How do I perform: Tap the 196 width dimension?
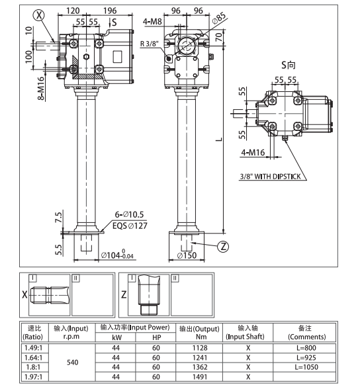point(111,11)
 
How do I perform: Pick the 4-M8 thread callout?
point(152,22)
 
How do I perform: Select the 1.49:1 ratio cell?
point(32,347)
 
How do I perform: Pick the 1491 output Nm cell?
point(201,378)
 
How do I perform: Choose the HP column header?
point(156,337)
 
